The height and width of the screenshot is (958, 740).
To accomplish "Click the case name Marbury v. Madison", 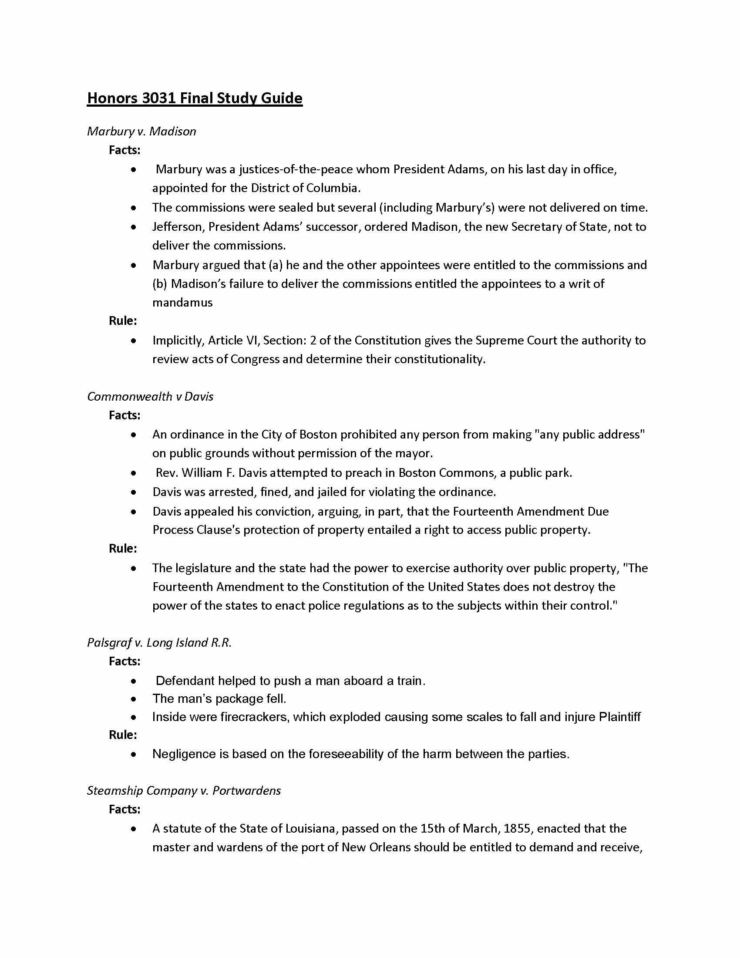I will [141, 131].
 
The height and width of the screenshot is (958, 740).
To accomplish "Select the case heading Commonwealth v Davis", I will [150, 397].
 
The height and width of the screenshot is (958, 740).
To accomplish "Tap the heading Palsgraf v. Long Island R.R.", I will [159, 643].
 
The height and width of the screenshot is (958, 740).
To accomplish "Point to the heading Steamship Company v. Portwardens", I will [184, 790].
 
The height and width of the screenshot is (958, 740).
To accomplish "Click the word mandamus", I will [182, 303].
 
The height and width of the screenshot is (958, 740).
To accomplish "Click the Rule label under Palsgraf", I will [123, 735].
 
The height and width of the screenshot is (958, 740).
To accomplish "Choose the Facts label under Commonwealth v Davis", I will [124, 415].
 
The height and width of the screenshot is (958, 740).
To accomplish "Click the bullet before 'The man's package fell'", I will [134, 699].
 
